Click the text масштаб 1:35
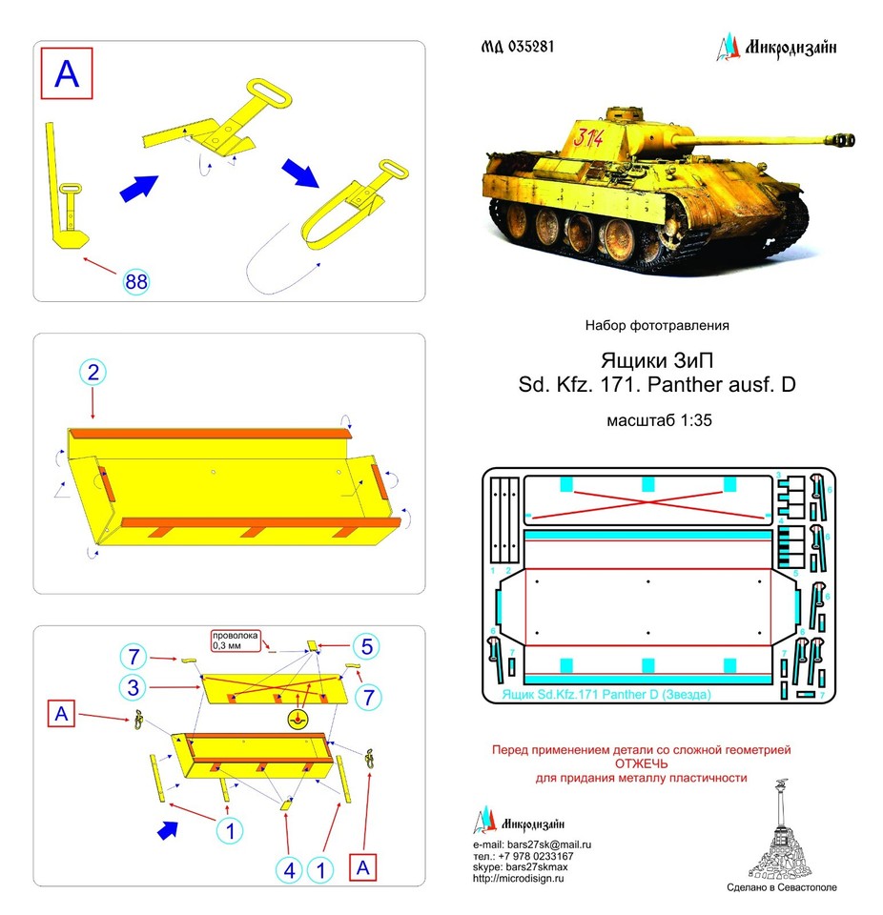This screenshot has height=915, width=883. [656, 419]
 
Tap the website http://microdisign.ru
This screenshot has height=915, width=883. [519, 879]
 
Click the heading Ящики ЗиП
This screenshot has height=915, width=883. [656, 360]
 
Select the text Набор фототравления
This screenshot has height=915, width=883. [656, 325]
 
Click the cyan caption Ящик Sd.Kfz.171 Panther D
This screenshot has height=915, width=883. [606, 696]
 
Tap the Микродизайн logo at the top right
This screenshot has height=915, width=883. [776, 47]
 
